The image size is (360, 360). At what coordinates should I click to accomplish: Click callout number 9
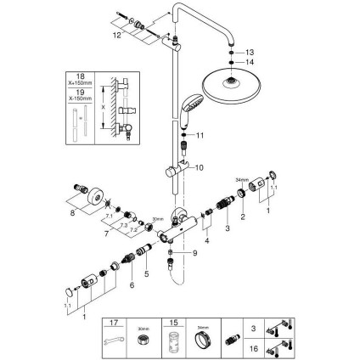click(194, 253)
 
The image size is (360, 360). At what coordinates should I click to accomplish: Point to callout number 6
click(132, 287)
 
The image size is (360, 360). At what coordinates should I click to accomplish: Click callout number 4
click(206, 240)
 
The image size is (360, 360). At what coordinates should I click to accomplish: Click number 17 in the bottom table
click(116, 323)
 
